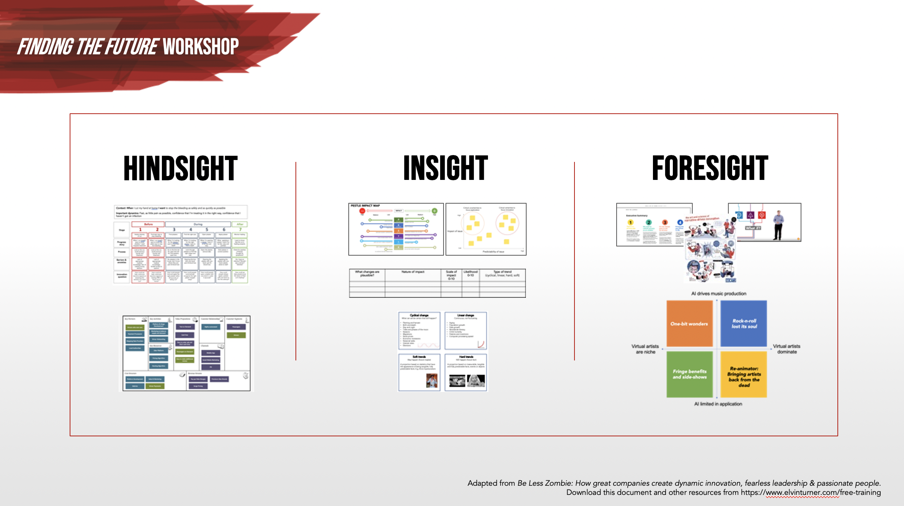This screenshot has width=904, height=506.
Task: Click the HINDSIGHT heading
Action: click(181, 168)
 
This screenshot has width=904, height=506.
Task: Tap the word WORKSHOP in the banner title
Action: click(201, 47)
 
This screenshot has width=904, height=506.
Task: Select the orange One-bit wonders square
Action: click(689, 324)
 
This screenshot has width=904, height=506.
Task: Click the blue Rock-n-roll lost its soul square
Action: click(744, 324)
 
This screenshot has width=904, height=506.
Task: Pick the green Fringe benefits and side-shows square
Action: click(689, 374)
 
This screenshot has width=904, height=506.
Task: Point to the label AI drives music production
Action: click(718, 294)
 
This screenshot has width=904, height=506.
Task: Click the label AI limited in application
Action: click(718, 404)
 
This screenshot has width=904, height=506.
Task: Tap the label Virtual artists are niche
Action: click(645, 349)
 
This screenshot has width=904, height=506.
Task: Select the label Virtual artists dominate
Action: click(787, 349)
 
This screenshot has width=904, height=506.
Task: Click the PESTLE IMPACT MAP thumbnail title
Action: click(365, 206)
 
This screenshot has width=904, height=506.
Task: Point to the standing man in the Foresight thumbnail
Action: click(778, 225)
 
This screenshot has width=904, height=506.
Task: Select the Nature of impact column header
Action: click(413, 272)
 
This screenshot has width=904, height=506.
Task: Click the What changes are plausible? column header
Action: click(367, 273)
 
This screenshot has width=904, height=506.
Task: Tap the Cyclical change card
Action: click(419, 330)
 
